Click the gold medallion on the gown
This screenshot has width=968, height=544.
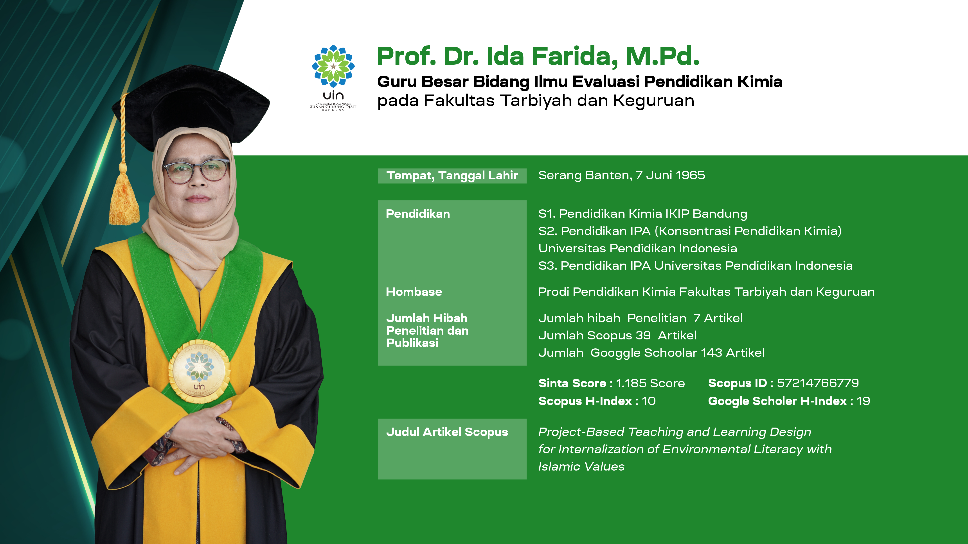199,372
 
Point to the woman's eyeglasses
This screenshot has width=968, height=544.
196,171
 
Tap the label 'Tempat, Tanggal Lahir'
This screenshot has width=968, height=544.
452,175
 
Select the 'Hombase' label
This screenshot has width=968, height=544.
414,292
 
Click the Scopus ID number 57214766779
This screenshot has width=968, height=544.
818,383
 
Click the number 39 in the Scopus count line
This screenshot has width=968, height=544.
643,335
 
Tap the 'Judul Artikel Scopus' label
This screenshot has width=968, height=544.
447,432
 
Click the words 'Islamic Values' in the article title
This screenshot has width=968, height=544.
581,467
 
